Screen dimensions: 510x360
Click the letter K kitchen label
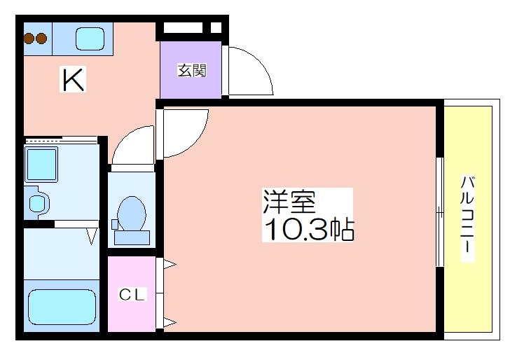click(73, 79)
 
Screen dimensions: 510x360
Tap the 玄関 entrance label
click(192, 70)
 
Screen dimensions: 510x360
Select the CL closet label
click(132, 295)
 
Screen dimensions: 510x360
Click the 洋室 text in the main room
click(289, 202)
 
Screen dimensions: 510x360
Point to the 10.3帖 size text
click(308, 229)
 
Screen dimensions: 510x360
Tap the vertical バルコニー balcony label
click(467, 219)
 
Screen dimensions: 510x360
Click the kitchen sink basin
click(90, 39)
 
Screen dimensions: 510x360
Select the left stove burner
click(29, 39)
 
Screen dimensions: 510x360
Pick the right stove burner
click(41, 39)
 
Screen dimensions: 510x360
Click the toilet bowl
click(131, 213)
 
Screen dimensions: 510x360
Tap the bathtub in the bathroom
click(62, 307)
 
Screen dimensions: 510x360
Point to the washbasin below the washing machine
click(38, 203)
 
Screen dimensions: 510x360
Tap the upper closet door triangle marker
click(170, 264)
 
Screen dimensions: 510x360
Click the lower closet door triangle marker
click(170, 323)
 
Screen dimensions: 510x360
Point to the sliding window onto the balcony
click(440, 212)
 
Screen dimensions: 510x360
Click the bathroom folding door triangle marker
click(92, 237)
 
